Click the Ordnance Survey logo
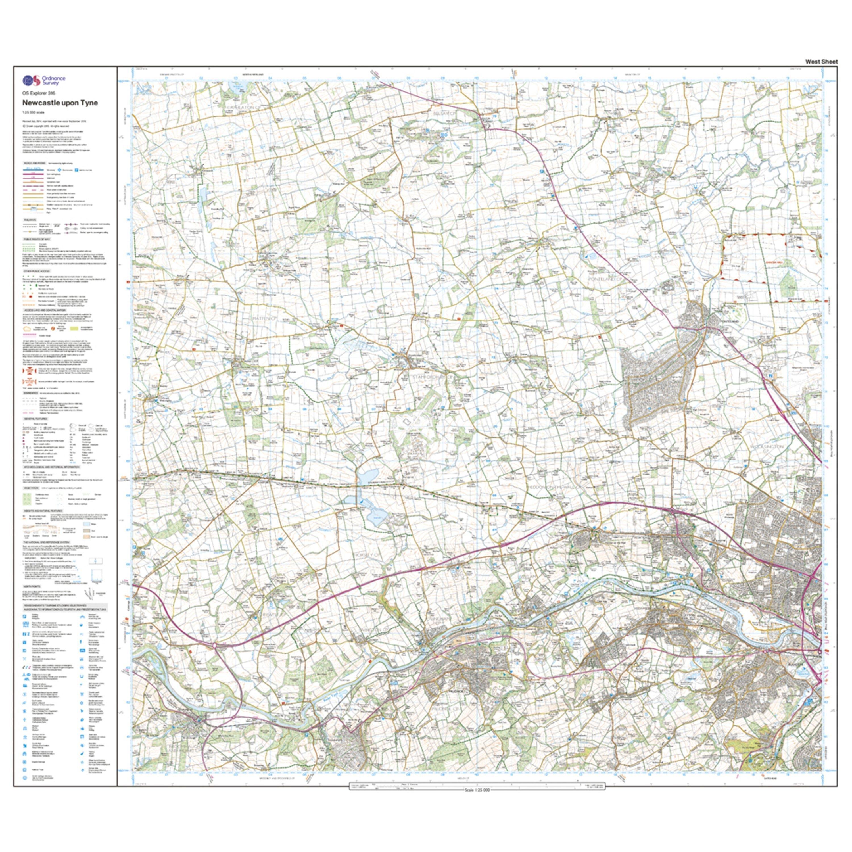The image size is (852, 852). (44, 80)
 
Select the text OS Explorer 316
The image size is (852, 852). (39, 93)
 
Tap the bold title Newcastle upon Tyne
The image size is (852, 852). (60, 103)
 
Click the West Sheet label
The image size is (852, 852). (821, 62)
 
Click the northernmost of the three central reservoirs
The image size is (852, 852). (367, 476)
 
